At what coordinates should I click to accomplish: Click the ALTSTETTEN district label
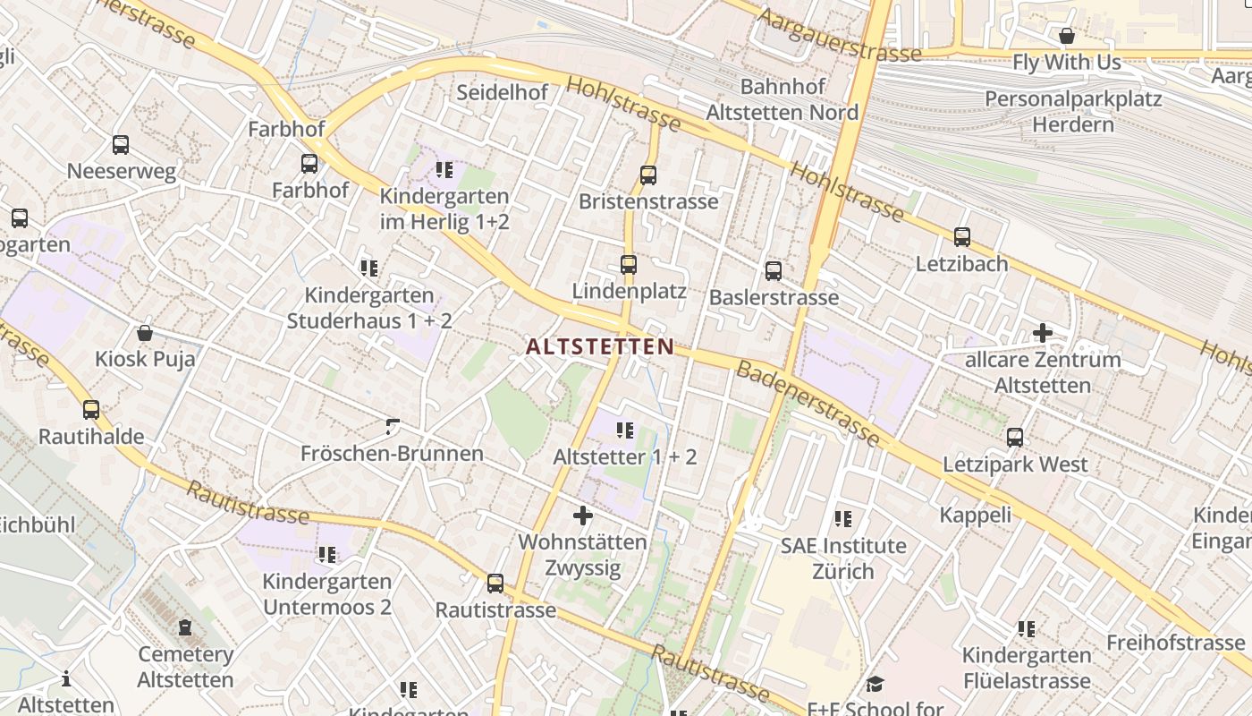click(600, 346)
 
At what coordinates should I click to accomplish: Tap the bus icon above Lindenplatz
click(629, 265)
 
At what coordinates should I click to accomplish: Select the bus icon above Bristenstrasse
click(648, 175)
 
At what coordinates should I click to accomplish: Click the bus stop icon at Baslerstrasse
click(774, 270)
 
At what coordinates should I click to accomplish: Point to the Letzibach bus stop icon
click(962, 237)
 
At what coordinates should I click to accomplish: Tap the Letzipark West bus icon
click(1015, 438)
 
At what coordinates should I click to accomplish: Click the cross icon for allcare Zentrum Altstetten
click(1043, 333)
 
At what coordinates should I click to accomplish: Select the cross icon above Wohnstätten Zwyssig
click(583, 516)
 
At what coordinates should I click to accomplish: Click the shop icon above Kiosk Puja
click(145, 333)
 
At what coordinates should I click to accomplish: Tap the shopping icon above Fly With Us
click(1067, 36)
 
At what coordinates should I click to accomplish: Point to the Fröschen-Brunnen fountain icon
click(392, 427)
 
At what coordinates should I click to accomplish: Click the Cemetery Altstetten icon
click(185, 627)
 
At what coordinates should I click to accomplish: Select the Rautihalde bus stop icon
click(91, 410)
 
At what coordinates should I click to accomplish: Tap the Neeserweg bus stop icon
click(121, 144)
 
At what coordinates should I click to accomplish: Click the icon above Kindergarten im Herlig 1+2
click(444, 169)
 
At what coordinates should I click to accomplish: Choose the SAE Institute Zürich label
click(843, 558)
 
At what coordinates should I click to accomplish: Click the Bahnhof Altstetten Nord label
click(782, 99)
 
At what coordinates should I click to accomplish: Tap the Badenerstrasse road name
click(808, 403)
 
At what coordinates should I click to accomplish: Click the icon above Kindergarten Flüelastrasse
click(1027, 629)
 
